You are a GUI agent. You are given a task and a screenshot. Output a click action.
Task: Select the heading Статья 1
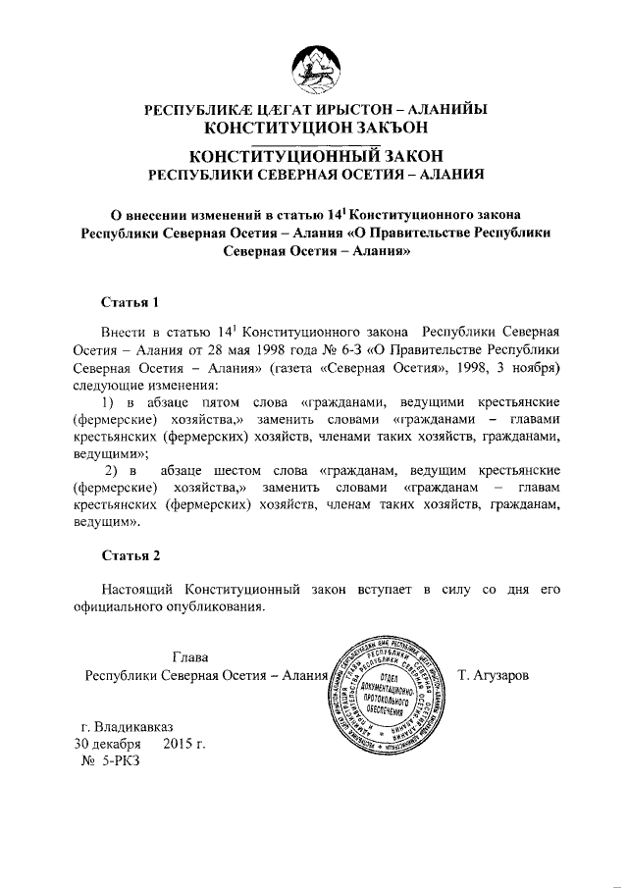click(130, 300)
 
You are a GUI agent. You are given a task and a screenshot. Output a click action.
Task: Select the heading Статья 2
click(130, 556)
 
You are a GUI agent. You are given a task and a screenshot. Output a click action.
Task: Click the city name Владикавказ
click(128, 726)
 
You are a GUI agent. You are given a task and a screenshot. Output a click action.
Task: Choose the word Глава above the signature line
click(190, 656)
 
